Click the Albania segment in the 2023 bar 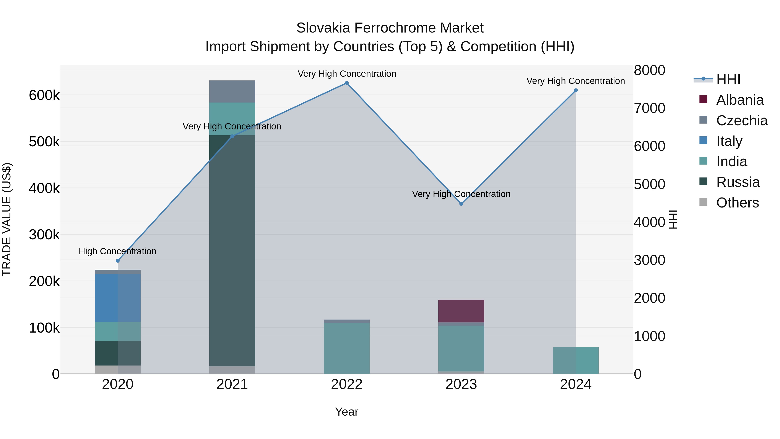[x=461, y=311]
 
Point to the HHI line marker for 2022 [x=347, y=83]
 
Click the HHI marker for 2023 [x=461, y=204]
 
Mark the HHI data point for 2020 [x=118, y=261]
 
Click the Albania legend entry [x=739, y=100]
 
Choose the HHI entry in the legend [x=728, y=79]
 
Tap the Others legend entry [x=737, y=203]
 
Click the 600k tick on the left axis [x=44, y=95]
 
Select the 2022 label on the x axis [x=347, y=384]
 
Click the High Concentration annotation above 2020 [x=117, y=251]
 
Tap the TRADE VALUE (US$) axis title [x=7, y=219]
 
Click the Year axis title [x=346, y=412]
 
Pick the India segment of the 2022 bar [x=347, y=348]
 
